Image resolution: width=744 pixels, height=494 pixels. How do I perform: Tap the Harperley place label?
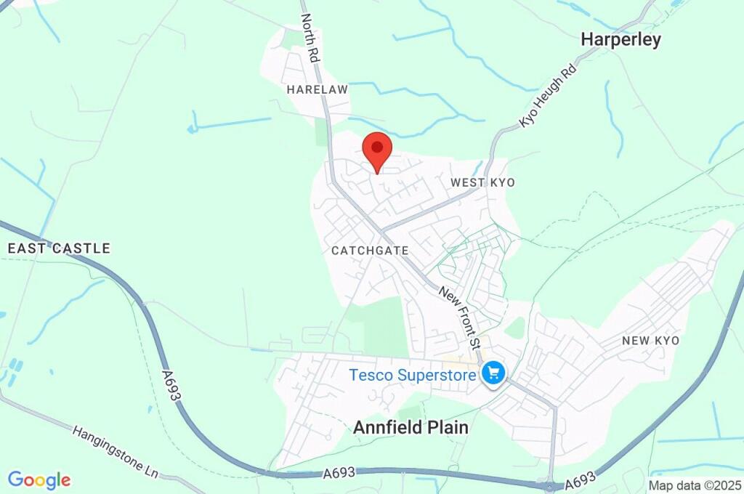point(620,40)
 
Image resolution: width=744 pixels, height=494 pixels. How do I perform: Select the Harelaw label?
point(318,89)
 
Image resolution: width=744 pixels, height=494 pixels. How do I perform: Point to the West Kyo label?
point(482,182)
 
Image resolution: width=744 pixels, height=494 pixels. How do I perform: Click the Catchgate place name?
point(370,251)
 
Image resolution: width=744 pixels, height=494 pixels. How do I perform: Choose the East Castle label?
point(59,248)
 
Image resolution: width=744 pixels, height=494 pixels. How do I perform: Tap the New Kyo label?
point(650,341)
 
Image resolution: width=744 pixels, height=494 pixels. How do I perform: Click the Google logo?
point(39,479)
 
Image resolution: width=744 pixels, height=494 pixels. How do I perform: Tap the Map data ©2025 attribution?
point(694,485)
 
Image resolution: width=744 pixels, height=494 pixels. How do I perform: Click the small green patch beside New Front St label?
point(515,328)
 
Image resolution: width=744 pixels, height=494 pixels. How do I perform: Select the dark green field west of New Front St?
point(384,327)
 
